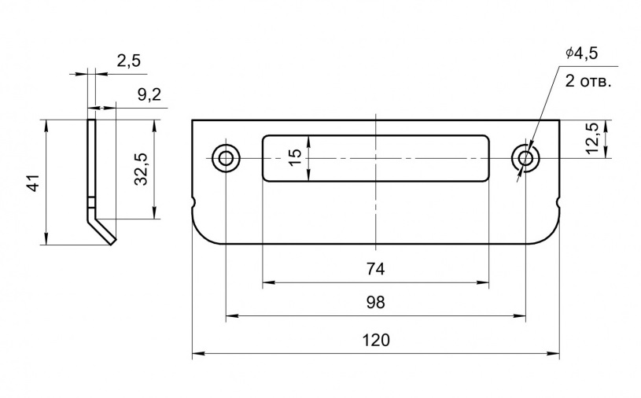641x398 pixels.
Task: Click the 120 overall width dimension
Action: [x=375, y=341]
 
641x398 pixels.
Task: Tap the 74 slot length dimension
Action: [x=375, y=269]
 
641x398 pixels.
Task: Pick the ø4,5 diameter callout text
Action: [x=581, y=53]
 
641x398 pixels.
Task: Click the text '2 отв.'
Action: [x=588, y=81]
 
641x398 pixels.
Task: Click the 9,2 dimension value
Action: [x=149, y=94]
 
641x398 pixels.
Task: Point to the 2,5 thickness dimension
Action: [x=127, y=61]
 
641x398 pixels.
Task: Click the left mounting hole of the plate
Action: [x=226, y=158]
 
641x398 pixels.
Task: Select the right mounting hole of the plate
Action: [x=525, y=158]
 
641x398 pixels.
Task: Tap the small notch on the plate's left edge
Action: [x=194, y=205]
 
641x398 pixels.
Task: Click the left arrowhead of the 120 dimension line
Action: [x=197, y=355]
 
